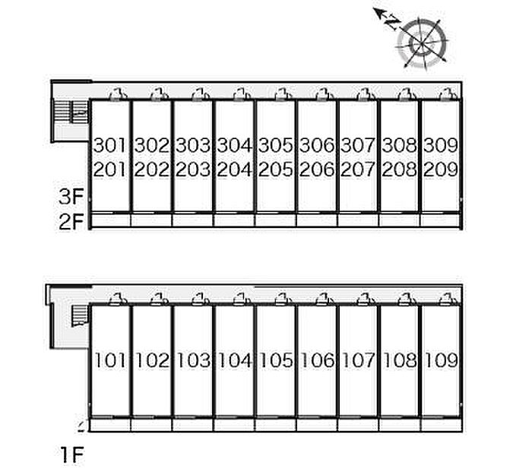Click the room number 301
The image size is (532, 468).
(x=109, y=145)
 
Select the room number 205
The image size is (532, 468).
(x=275, y=169)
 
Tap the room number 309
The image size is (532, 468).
(x=441, y=145)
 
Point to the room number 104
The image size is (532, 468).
(x=234, y=360)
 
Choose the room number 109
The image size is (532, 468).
(x=442, y=360)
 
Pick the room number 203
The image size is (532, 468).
(x=193, y=169)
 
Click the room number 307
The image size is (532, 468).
(x=358, y=145)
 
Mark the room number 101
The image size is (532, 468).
(x=110, y=360)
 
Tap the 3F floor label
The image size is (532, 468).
(x=71, y=197)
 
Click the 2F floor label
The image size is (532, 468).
(x=71, y=221)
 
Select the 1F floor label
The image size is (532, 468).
(x=72, y=455)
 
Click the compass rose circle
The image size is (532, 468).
(x=422, y=43)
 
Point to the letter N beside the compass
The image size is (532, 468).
(x=394, y=22)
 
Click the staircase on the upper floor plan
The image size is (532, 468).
(x=71, y=112)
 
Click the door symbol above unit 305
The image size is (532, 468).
(x=283, y=94)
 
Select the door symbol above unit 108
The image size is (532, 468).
(x=407, y=299)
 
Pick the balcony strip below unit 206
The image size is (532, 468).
(x=317, y=220)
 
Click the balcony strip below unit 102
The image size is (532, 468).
(x=151, y=425)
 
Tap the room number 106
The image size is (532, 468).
(x=317, y=360)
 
